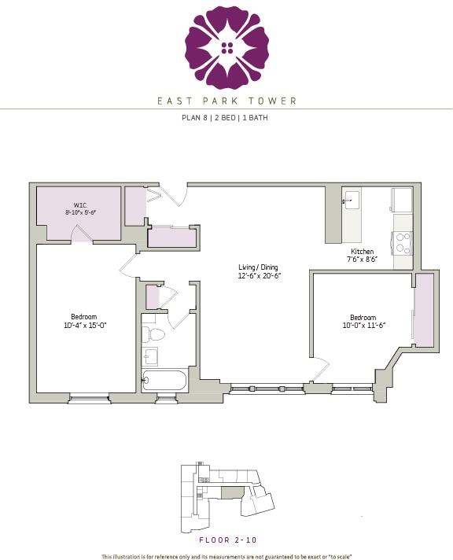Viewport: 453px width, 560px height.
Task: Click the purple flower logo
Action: [x=226, y=47]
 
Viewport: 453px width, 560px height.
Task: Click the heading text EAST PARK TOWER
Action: [x=226, y=101]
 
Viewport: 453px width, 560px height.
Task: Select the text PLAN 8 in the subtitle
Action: [x=194, y=120]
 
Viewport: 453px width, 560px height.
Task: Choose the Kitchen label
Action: [x=363, y=250]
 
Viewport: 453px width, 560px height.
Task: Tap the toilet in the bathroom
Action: [x=155, y=334]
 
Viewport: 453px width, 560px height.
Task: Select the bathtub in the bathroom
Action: [x=164, y=381]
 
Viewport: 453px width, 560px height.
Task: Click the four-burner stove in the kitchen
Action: [x=403, y=243]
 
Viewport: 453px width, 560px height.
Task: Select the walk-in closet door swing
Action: [x=80, y=232]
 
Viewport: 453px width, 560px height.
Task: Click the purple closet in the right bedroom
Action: [x=424, y=311]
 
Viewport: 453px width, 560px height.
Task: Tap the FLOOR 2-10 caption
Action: [x=226, y=540]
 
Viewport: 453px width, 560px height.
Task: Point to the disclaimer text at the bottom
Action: [x=226, y=556]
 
